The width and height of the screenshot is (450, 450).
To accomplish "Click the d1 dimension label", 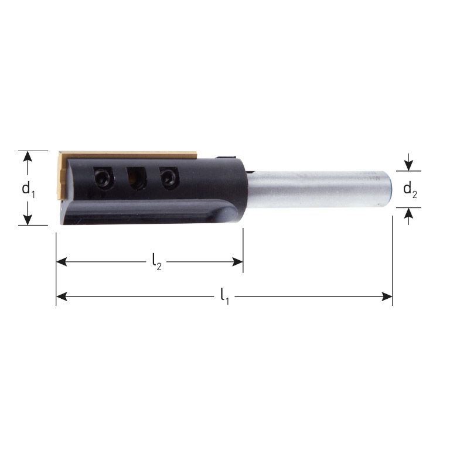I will (28, 189).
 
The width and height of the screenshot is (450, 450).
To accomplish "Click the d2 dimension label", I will (410, 190).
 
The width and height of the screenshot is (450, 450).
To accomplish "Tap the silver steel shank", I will (316, 189).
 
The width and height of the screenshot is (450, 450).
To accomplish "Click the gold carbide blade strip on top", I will (129, 155).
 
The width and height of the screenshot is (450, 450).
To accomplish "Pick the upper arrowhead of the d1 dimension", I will (27, 155).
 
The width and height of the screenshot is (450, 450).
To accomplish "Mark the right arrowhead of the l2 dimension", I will (238, 262).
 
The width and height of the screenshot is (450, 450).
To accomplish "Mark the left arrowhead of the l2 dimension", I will (62, 262).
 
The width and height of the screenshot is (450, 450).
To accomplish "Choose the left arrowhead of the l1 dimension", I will (62, 297).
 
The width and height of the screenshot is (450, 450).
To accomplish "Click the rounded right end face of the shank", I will (388, 189).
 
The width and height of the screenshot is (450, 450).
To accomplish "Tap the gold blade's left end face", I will (62, 176).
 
